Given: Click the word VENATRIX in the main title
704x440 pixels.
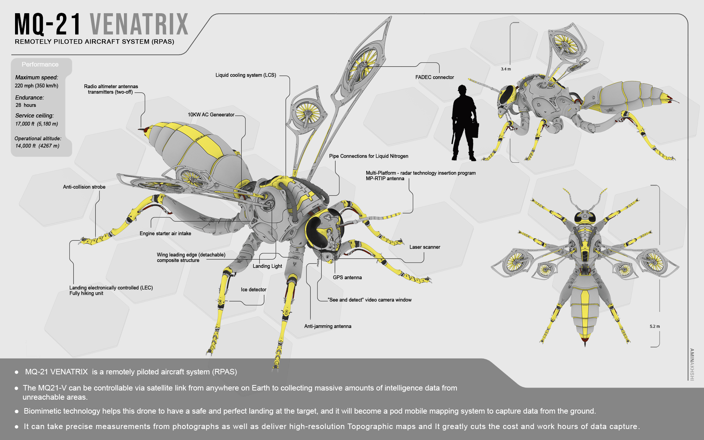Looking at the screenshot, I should (139, 24).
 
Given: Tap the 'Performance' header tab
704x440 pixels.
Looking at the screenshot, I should (40, 65).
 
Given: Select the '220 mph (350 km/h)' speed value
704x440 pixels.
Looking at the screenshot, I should (36, 86).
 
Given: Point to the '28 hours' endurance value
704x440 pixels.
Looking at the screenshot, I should (26, 105).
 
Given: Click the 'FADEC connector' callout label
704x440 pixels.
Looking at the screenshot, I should (434, 77).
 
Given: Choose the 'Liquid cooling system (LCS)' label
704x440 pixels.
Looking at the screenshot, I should (246, 75).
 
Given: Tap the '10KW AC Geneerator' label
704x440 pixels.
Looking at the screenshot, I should (211, 115).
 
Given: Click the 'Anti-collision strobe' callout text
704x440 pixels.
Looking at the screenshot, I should (84, 187).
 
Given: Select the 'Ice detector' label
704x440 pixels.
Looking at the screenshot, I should (253, 290).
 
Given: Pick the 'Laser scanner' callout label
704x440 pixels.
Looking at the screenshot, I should (425, 247).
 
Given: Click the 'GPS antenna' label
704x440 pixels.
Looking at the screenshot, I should (347, 278).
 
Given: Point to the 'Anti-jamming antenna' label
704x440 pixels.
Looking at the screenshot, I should (327, 326).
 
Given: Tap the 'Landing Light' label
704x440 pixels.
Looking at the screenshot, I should (267, 266).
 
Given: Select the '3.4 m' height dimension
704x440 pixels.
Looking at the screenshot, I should (506, 69).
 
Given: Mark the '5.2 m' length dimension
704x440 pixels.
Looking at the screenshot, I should (654, 326).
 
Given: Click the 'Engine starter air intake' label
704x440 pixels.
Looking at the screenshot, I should (165, 234).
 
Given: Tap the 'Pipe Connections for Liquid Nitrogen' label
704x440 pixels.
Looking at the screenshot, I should (368, 156).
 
